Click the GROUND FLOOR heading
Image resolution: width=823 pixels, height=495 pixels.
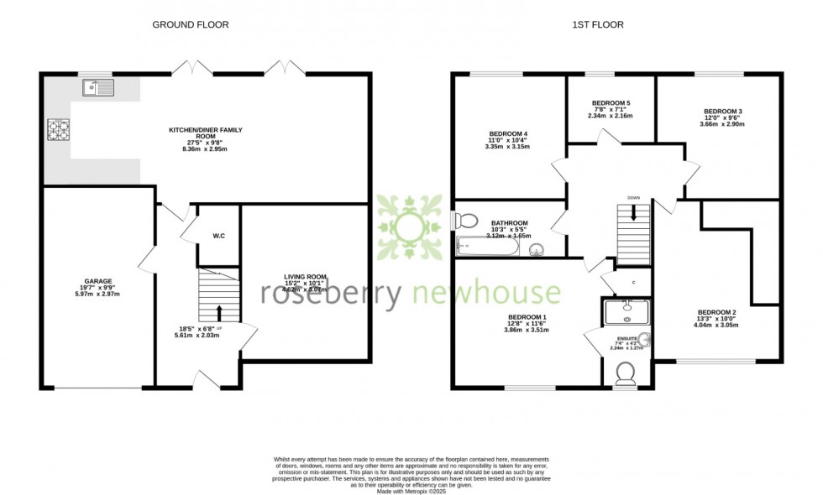190,24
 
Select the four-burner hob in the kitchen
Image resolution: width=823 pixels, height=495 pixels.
57,130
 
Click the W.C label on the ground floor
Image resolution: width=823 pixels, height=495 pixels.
218,236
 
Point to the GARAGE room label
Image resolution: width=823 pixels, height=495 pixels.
97,281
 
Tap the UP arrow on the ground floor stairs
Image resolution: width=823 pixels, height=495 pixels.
219,314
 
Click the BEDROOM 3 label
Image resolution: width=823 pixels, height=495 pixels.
722,111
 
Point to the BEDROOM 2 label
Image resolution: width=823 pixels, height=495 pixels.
716,311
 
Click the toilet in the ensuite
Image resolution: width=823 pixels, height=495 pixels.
626,373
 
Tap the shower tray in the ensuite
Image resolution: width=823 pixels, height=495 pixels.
626,312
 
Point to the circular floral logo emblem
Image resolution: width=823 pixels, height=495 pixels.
409,227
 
